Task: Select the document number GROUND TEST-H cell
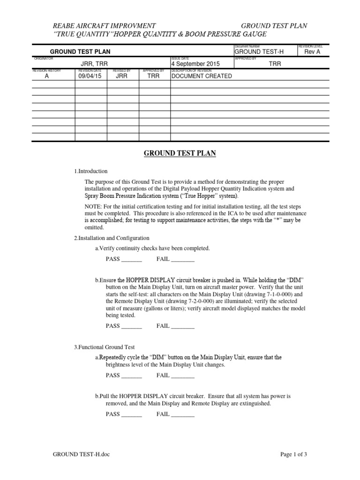[x=259, y=52]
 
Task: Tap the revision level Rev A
[x=313, y=52]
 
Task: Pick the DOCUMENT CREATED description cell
[x=202, y=76]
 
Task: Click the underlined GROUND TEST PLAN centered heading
[x=180, y=154]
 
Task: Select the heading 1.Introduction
[x=90, y=171]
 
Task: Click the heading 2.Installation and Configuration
[x=112, y=238]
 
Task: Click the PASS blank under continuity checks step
[x=131, y=260]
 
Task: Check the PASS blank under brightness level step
[x=131, y=375]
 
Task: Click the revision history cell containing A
[x=46, y=76]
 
